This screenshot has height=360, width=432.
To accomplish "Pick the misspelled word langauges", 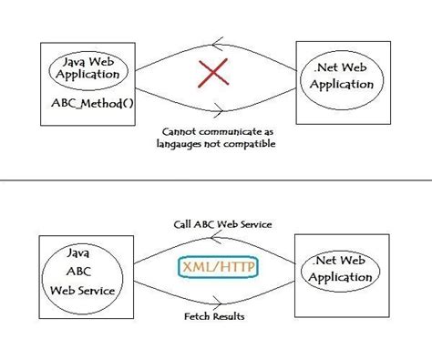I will point(186,144).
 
